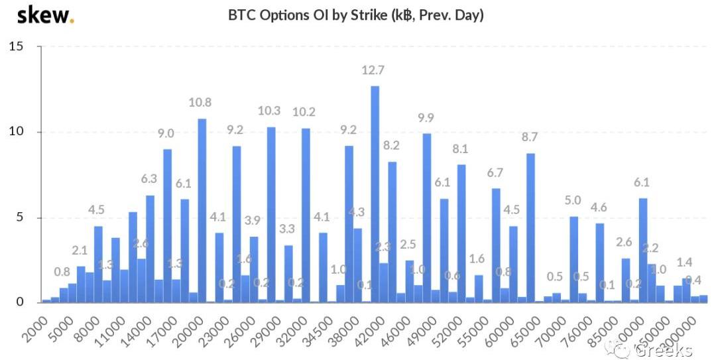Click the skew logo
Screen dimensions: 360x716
tap(45, 15)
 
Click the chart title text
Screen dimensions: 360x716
tap(356, 15)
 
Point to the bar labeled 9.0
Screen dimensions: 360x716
tap(168, 225)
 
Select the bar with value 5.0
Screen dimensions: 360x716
tap(573, 259)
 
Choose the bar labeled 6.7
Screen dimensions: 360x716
tap(496, 245)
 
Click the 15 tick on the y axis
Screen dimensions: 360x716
tap(17, 46)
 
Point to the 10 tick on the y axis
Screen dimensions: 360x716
tap(17, 132)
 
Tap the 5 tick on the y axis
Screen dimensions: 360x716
tap(21, 217)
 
